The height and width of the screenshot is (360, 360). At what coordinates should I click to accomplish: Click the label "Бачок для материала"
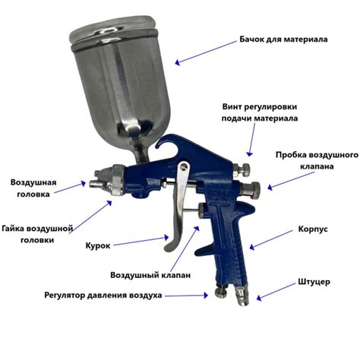[283, 39]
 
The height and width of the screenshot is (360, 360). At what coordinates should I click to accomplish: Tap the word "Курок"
[98, 246]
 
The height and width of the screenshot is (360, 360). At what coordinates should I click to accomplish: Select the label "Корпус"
[313, 229]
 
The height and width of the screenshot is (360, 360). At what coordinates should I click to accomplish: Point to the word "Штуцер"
[314, 282]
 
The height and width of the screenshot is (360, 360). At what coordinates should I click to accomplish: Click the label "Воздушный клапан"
[150, 275]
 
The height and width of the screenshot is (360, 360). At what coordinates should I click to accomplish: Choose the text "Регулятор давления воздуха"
[103, 295]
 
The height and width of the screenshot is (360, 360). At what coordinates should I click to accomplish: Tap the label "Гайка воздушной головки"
[37, 234]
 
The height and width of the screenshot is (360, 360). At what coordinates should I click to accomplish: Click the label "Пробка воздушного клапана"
[317, 160]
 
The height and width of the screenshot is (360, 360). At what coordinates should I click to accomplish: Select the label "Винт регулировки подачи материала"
[260, 112]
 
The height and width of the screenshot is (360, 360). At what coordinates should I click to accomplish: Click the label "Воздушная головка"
[33, 188]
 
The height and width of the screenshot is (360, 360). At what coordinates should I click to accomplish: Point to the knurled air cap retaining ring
[118, 180]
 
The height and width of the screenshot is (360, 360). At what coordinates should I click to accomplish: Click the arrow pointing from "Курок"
[141, 241]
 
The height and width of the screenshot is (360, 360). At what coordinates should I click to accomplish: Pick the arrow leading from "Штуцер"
[276, 292]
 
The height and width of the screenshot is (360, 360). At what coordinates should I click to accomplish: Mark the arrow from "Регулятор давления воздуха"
[186, 295]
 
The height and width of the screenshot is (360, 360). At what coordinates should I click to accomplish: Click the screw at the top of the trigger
[184, 166]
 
